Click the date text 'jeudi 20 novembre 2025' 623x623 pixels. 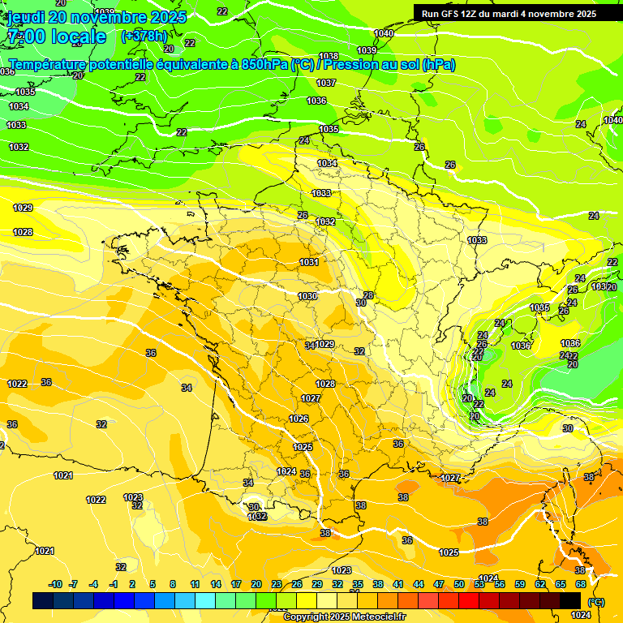97,17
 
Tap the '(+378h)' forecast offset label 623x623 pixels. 144,36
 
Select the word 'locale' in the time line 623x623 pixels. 78,37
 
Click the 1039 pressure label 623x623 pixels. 367,73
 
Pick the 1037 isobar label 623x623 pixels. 326,83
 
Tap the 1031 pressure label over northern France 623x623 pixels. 309,262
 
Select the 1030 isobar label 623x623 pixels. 307,296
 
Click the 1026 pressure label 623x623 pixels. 299,419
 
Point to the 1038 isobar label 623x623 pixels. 329,56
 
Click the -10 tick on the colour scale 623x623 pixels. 55,584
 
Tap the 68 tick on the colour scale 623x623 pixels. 581,584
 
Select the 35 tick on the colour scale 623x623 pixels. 358,584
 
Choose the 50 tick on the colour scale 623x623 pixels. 459,584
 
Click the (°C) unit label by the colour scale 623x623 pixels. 596,602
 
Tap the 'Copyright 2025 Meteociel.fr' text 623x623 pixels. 344,617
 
